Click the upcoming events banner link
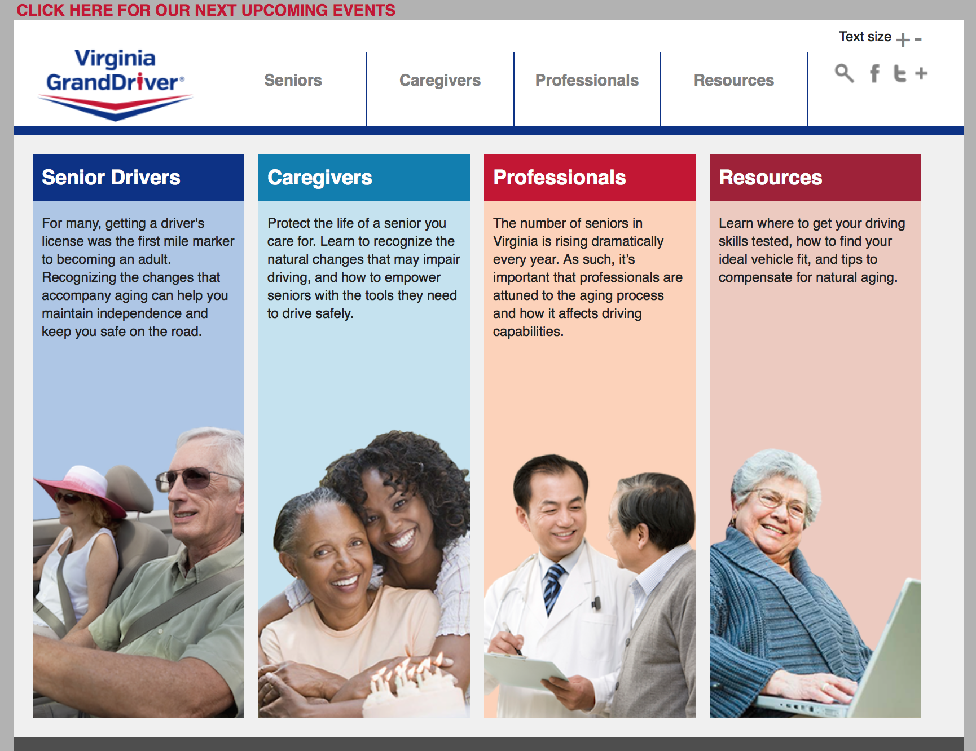(x=206, y=10)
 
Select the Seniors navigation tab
(x=293, y=80)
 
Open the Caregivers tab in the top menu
(x=440, y=81)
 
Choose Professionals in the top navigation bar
(x=587, y=80)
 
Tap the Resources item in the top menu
(x=733, y=80)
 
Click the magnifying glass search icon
(x=844, y=73)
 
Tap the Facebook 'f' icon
(x=874, y=73)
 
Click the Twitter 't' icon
(x=900, y=73)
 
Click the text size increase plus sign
(x=903, y=39)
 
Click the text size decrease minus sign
(x=918, y=39)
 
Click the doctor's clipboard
(x=525, y=671)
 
